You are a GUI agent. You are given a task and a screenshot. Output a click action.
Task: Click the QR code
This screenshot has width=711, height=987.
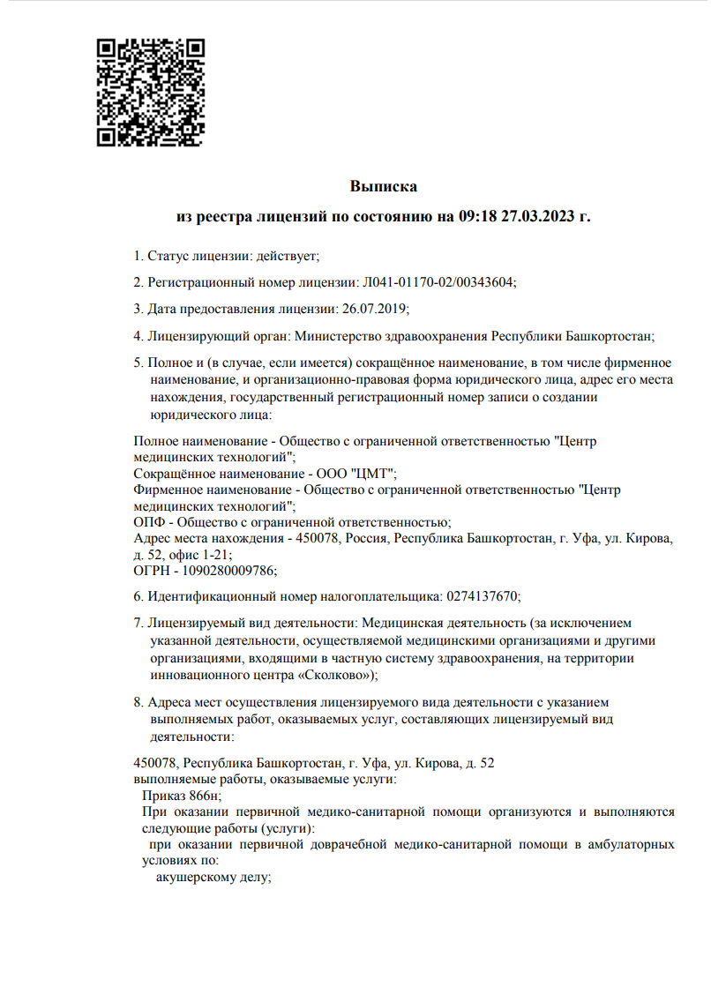(x=151, y=91)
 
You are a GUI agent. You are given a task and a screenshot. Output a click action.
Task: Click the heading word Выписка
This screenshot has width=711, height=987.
(x=383, y=186)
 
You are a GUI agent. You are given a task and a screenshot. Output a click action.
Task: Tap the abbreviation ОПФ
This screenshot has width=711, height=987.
(x=146, y=522)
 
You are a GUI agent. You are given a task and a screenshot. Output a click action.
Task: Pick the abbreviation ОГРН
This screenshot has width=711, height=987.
(x=151, y=570)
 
